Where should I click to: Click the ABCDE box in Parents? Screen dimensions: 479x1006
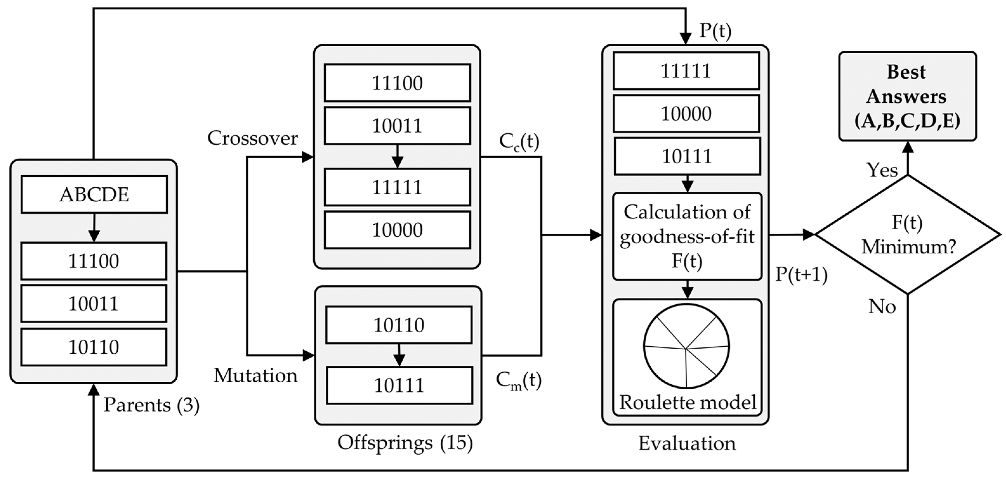[94, 194]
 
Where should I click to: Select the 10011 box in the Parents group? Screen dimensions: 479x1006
[94, 304]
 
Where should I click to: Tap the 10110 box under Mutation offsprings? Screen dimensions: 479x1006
[399, 325]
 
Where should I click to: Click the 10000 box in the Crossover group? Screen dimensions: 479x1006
[397, 230]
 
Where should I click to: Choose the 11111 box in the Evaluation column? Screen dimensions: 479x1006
[686, 71]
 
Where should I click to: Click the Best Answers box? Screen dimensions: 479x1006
[907, 96]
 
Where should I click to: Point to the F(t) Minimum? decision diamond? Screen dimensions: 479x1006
[907, 235]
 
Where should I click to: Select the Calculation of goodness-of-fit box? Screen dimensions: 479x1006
[687, 236]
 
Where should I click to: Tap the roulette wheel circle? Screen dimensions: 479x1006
[686, 346]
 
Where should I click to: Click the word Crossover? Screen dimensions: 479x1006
[252, 138]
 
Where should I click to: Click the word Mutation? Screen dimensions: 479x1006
[255, 376]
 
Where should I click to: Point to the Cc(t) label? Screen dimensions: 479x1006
[519, 143]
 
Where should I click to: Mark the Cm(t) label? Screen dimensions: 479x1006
[519, 380]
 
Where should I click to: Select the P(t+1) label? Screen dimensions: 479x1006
[801, 275]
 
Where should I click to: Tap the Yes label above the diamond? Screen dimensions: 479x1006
[882, 170]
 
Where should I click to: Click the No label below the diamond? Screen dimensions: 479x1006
[882, 307]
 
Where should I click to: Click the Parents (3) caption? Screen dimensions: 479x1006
[152, 405]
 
